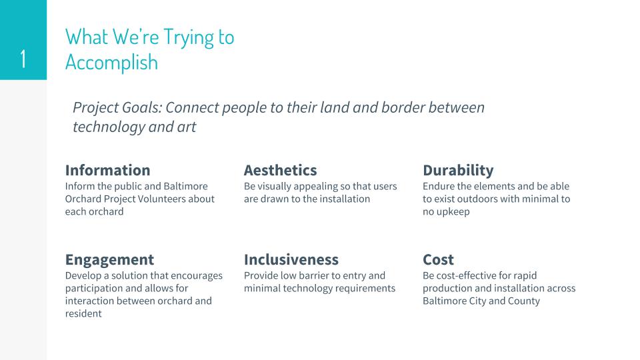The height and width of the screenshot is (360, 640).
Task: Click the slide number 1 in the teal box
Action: pyautogui.click(x=23, y=59)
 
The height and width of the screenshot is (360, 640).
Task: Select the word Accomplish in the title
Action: pyautogui.click(x=111, y=63)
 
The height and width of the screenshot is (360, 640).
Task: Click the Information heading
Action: pyautogui.click(x=108, y=170)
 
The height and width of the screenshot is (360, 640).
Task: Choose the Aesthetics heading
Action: pyautogui.click(x=281, y=170)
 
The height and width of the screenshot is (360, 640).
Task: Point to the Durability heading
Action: pyautogui.click(x=458, y=171)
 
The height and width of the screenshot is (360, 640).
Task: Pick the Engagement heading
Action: pyautogui.click(x=110, y=260)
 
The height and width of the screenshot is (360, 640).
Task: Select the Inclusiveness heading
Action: pyautogui.click(x=291, y=259)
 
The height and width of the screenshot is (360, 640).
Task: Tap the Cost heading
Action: pyautogui.click(x=439, y=259)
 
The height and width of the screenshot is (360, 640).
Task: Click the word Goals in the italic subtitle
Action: pyautogui.click(x=142, y=108)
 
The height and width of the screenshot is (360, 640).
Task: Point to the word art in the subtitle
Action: pyautogui.click(x=187, y=127)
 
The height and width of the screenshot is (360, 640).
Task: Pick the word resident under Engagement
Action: pyautogui.click(x=83, y=313)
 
